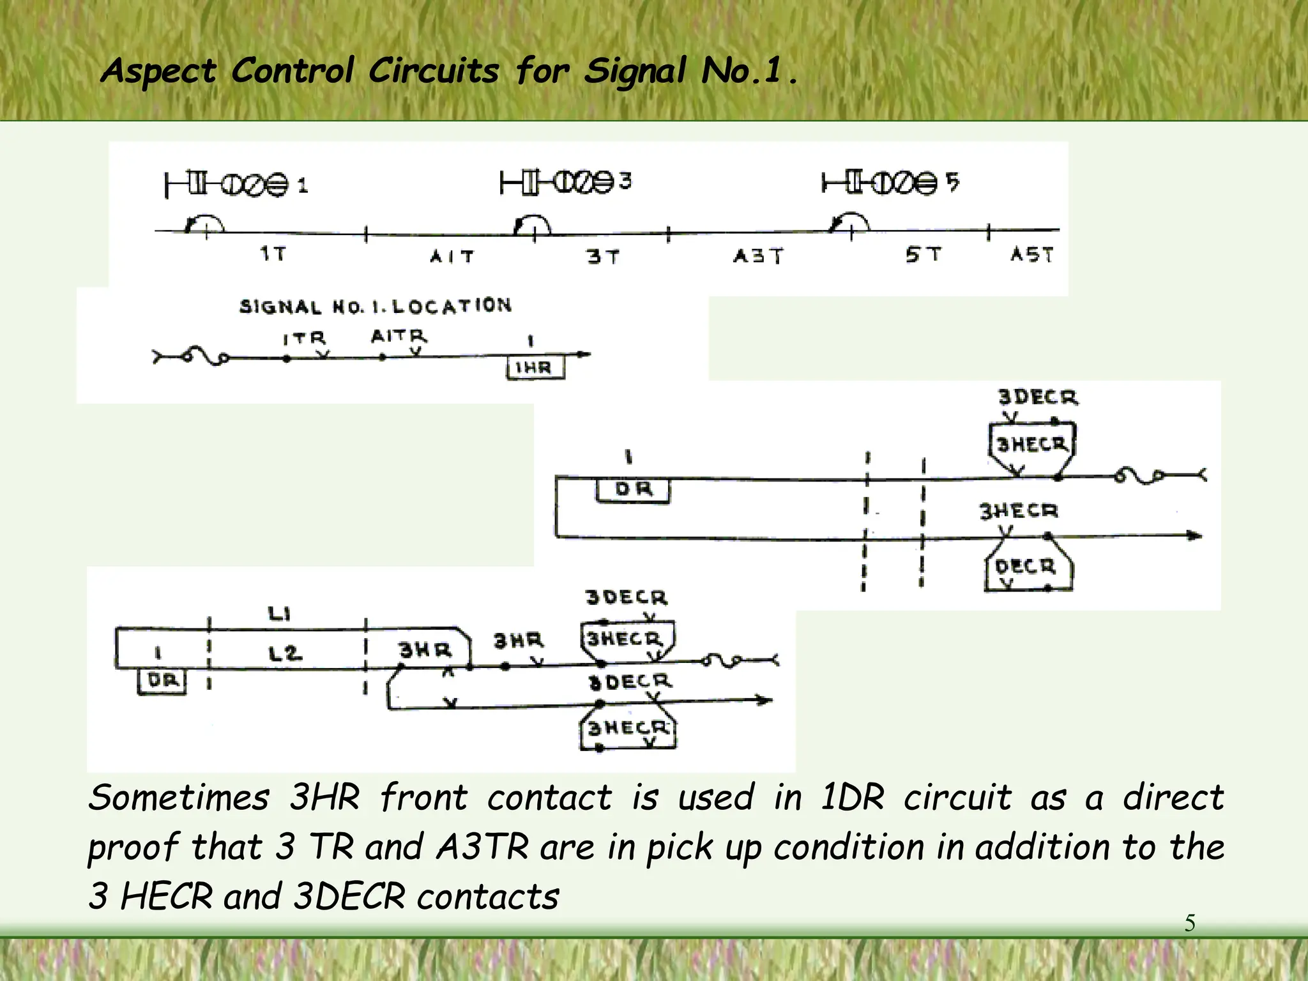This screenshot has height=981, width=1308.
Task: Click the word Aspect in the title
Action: click(158, 72)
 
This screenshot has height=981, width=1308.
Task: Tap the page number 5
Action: click(1190, 923)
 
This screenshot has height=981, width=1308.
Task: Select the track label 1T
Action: click(273, 254)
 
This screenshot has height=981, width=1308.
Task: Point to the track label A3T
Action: click(757, 256)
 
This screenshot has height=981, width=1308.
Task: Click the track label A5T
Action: click(1031, 254)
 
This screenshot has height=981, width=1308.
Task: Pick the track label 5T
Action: click(923, 255)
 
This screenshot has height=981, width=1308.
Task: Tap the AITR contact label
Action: click(399, 336)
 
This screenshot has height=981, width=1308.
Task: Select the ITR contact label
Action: click(304, 338)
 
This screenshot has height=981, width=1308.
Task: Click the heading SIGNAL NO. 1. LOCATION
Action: click(376, 307)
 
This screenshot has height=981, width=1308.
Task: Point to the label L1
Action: click(279, 614)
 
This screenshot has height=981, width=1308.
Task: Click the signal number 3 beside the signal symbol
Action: click(625, 181)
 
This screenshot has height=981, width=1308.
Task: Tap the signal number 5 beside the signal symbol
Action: click(952, 182)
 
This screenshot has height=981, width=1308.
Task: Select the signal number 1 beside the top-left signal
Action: click(303, 186)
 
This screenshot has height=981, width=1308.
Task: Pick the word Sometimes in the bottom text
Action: click(179, 798)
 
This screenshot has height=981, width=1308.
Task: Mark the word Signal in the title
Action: click(635, 72)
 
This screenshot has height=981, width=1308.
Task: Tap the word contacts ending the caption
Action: click(488, 897)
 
